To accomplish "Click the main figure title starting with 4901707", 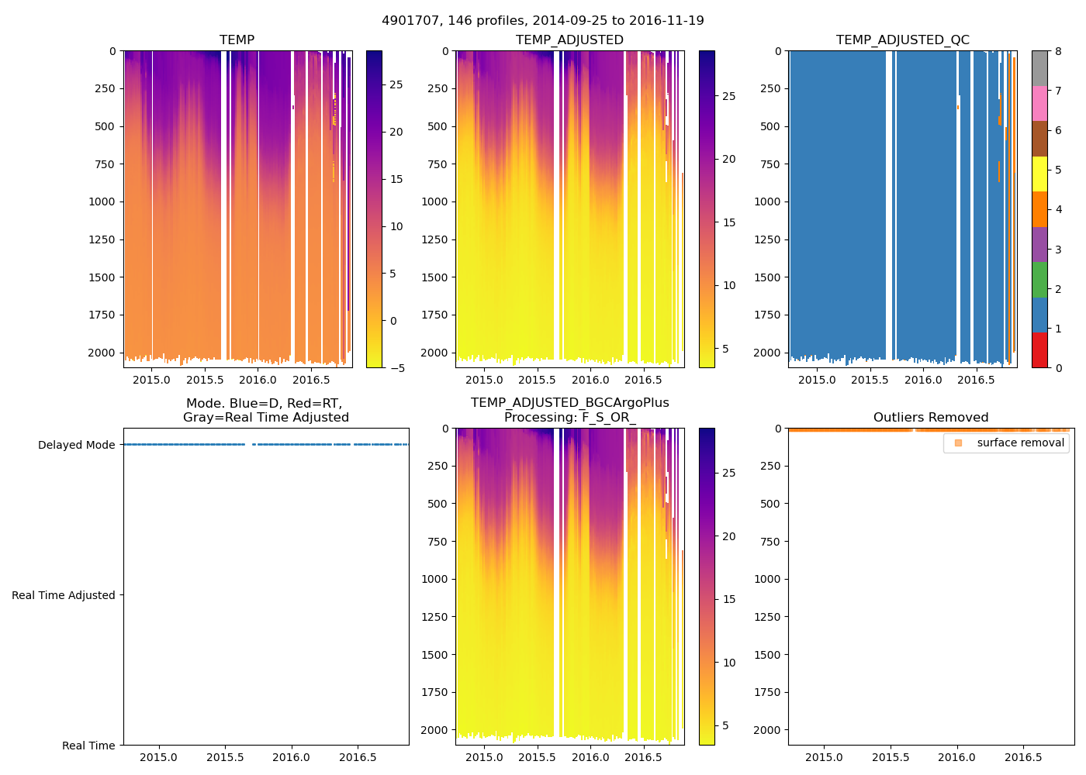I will tap(543, 21).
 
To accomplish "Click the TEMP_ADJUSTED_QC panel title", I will tap(902, 40).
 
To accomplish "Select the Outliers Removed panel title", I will tap(931, 417).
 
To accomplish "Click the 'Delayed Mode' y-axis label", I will tap(76, 445).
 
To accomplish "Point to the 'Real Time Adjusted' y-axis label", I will tap(63, 595).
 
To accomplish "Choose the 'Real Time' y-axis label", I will tap(88, 746).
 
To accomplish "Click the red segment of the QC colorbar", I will tap(1039, 350).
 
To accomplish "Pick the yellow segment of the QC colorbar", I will tap(1039, 174).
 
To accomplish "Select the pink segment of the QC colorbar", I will tap(1039, 103).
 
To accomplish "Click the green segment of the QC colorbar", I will tap(1039, 280).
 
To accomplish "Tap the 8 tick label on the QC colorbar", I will tap(1059, 51).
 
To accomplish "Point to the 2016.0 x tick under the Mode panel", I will tap(292, 757).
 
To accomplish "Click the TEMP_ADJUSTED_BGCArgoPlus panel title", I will tap(569, 410).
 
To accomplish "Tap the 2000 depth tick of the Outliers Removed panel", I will tap(766, 730).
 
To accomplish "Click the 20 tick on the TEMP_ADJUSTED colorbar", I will tap(729, 159).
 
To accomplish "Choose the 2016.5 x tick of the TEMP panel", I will tap(311, 380).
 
